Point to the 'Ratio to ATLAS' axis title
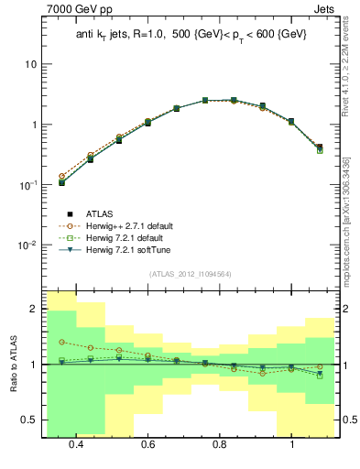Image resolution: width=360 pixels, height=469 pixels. click(x=11, y=361)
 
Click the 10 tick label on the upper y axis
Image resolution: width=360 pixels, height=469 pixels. click(x=29, y=64)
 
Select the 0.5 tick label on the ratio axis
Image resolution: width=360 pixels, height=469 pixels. click(x=29, y=420)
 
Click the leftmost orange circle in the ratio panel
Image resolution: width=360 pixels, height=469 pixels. click(x=61, y=342)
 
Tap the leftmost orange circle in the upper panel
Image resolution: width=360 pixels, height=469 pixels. click(x=61, y=176)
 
